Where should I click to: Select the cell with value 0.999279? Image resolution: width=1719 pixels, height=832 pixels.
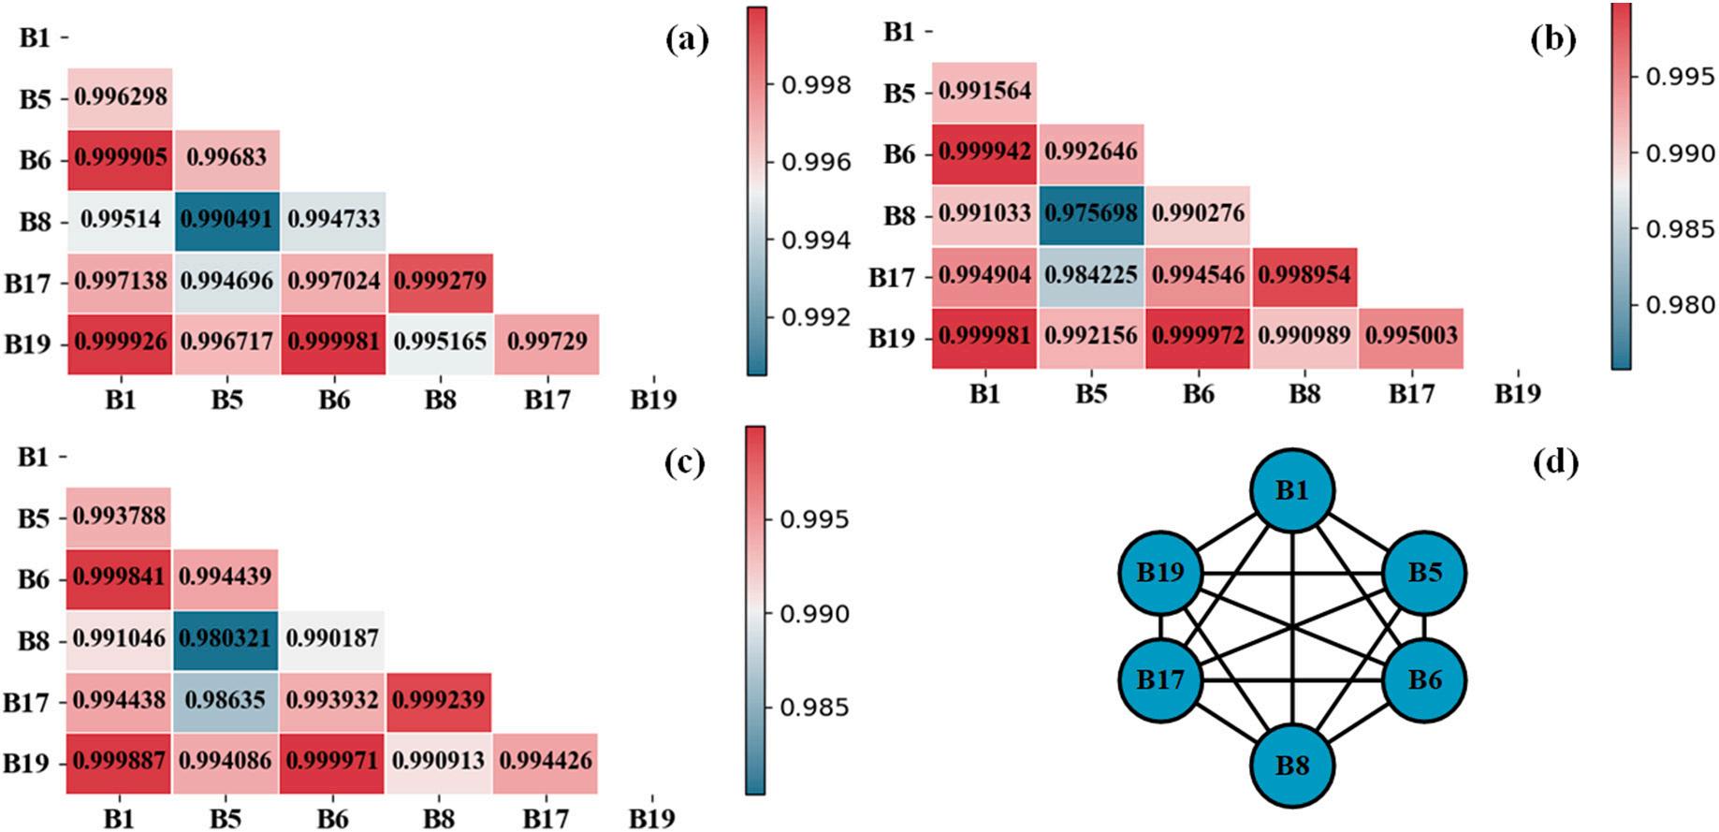coord(440,281)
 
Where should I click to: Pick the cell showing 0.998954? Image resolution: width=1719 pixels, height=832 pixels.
coord(1304,275)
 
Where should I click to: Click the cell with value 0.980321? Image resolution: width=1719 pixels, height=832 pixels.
coord(226,639)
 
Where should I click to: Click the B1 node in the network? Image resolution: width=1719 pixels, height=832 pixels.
coord(1292,490)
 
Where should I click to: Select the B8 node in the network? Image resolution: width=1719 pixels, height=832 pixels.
coord(1292,766)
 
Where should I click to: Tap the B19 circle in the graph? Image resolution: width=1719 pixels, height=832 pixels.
coord(1160,573)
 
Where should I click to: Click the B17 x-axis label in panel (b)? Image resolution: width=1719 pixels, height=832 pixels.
coord(1410,394)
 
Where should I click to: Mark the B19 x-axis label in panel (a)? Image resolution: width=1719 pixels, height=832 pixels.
coord(652,401)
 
